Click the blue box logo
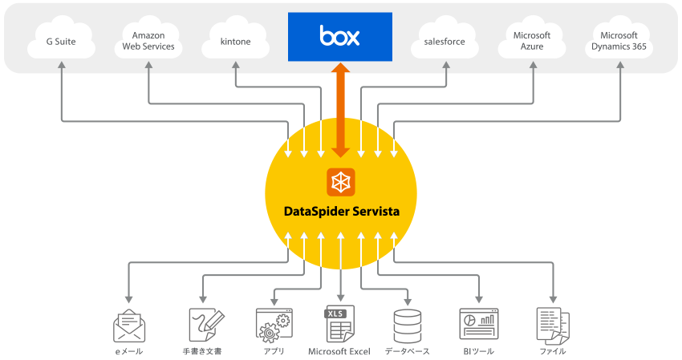(340, 37)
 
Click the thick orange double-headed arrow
(340, 110)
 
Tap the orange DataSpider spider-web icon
(340, 182)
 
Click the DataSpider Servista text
(342, 212)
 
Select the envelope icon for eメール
(129, 326)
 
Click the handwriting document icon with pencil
(206, 325)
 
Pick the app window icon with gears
(274, 326)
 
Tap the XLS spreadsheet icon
(340, 324)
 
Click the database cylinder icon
(407, 326)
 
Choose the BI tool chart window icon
(479, 324)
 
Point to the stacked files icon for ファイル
(553, 326)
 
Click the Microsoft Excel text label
(339, 351)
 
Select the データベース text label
(407, 351)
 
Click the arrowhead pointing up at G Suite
(62, 65)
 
